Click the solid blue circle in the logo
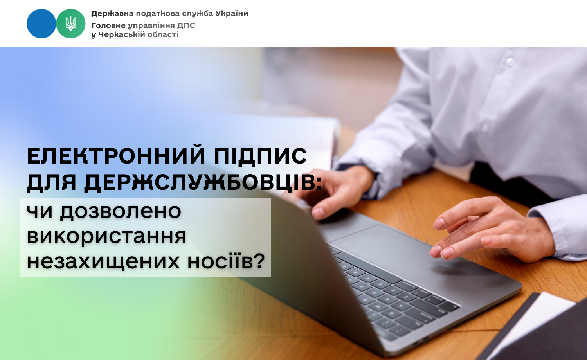click(x=41, y=23)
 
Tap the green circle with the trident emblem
click(x=71, y=23)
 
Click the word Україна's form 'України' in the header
click(x=232, y=13)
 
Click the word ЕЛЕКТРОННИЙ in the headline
click(x=116, y=156)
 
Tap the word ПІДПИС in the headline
click(x=260, y=156)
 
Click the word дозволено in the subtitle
click(x=121, y=211)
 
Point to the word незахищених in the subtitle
click(x=103, y=262)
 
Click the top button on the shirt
click(x=510, y=61)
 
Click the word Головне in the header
click(x=108, y=26)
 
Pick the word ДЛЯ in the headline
click(x=51, y=183)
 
